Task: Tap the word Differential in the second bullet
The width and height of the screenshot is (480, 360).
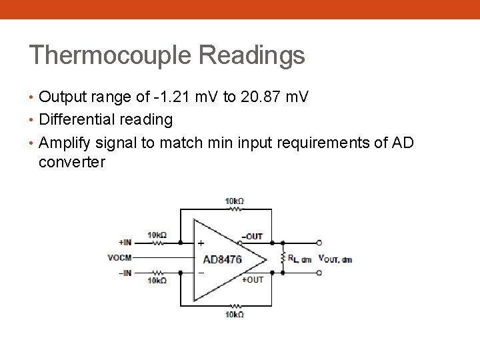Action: pyautogui.click(x=77, y=120)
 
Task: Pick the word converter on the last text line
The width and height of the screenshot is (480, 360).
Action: pyautogui.click(x=72, y=162)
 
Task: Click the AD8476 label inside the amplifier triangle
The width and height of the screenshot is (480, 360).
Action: pyautogui.click(x=222, y=259)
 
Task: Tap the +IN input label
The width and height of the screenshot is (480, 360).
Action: pyautogui.click(x=125, y=243)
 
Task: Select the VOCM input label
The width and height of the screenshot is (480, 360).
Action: pyautogui.click(x=119, y=257)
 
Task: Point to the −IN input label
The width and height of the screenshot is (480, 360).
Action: pyautogui.click(x=125, y=273)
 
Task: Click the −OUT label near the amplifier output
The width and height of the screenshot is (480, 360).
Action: pyautogui.click(x=253, y=236)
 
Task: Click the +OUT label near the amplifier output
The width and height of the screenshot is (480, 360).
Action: pyautogui.click(x=253, y=280)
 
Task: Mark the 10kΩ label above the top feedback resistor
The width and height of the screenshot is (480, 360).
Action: pyautogui.click(x=234, y=201)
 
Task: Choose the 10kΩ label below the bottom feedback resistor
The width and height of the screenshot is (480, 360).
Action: pyautogui.click(x=234, y=314)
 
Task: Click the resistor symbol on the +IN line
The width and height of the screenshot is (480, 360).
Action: pyautogui.click(x=158, y=243)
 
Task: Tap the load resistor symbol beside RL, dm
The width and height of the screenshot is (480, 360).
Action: pyautogui.click(x=283, y=258)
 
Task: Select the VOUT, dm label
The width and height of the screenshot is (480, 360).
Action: pyautogui.click(x=335, y=259)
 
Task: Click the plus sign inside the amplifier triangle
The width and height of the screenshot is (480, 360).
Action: pyautogui.click(x=201, y=244)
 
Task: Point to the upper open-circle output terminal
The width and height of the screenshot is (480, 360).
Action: pyautogui.click(x=319, y=243)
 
